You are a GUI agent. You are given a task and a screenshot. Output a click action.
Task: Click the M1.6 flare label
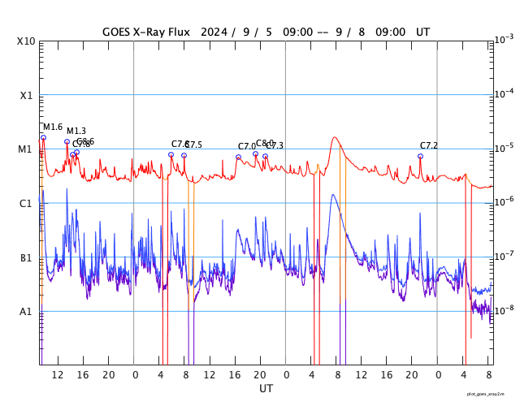coord(52,127)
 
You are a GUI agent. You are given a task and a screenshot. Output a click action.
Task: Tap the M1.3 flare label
coord(76,131)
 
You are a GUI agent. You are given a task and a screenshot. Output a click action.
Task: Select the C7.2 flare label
coord(429,145)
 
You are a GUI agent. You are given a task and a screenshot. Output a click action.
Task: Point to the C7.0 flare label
coord(247,146)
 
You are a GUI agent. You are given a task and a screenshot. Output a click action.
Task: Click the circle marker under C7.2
coord(420,156)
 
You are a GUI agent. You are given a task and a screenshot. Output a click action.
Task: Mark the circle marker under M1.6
coord(43,137)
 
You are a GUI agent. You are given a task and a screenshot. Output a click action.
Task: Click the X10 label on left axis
coord(27,41)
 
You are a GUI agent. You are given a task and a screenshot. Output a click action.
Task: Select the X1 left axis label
coord(27,95)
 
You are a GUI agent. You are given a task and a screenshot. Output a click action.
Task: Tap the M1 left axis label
coord(27,149)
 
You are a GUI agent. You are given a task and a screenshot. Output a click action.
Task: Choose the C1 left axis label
coord(27,203)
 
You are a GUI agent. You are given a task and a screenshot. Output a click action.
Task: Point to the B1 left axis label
coord(27,257)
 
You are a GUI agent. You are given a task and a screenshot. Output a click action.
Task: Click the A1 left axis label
coord(27,312)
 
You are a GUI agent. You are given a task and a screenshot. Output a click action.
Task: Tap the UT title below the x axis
coord(266,389)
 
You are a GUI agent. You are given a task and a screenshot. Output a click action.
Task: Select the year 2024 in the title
coord(213,32)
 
